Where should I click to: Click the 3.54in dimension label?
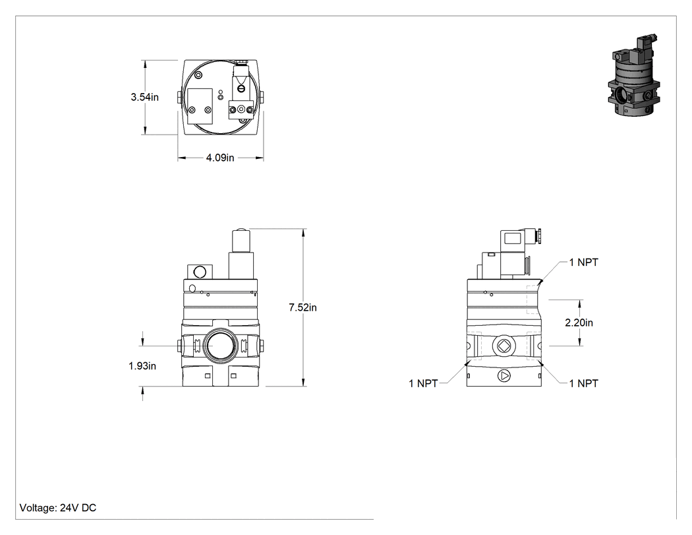144,97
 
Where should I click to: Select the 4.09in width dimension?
219,158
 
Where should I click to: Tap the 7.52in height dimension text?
303,307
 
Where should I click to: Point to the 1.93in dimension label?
142,366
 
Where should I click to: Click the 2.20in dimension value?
579,323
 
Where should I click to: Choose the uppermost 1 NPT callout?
583,263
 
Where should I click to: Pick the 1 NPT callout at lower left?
423,383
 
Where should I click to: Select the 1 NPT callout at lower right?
583,383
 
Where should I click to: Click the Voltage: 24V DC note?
58,507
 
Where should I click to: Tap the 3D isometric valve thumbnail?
634,75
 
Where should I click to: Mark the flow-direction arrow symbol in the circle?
504,376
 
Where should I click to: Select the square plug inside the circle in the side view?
504,346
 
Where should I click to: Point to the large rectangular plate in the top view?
200,106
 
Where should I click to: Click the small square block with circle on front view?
200,271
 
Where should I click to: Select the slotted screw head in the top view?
241,89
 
